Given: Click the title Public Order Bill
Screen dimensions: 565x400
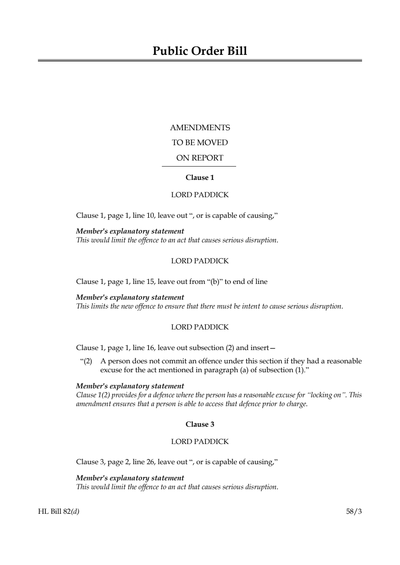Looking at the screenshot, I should click(200, 51).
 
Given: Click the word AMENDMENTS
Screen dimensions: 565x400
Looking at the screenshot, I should click(200, 128).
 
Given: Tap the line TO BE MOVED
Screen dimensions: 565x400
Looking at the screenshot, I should click(200, 143).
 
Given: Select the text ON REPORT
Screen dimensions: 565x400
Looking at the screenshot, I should click(200, 158).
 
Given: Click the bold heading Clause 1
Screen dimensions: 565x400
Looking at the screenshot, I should click(200, 177).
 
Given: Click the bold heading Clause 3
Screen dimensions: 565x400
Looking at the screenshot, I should click(200, 424).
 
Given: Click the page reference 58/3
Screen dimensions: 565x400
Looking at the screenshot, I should click(354, 512).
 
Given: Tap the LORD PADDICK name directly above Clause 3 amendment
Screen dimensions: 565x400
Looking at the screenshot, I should click(200, 442).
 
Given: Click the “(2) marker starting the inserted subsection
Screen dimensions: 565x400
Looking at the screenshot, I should click(86, 361).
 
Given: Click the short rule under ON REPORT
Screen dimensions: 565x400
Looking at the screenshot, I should click(199, 166).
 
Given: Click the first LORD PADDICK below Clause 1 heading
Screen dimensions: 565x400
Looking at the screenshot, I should click(200, 195).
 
